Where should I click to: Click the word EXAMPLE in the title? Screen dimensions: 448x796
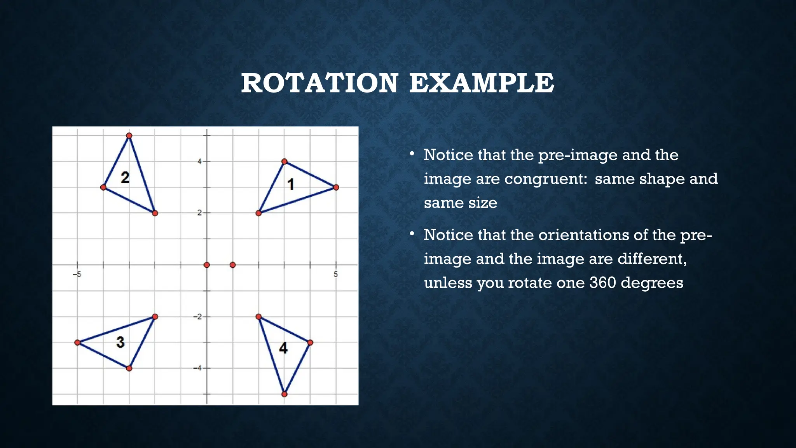point(482,83)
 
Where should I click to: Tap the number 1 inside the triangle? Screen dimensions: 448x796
point(291,184)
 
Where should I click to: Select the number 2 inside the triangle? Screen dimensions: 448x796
point(125,178)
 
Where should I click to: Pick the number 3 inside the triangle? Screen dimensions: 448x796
point(120,342)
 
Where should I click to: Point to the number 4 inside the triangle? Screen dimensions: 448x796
point(283,348)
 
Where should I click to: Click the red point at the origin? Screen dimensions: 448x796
point(207,265)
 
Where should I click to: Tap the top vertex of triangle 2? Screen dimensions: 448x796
point(129,136)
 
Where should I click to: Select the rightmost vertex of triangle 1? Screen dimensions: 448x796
point(336,187)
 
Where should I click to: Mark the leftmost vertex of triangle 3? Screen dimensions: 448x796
point(77,342)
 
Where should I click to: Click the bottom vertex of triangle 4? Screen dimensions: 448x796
point(284,394)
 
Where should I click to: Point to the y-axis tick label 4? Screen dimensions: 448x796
point(200,161)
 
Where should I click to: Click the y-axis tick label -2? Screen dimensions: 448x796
point(198,317)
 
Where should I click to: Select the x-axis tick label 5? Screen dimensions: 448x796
point(336,275)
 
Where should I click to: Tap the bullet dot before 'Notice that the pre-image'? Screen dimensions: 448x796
point(412,154)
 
